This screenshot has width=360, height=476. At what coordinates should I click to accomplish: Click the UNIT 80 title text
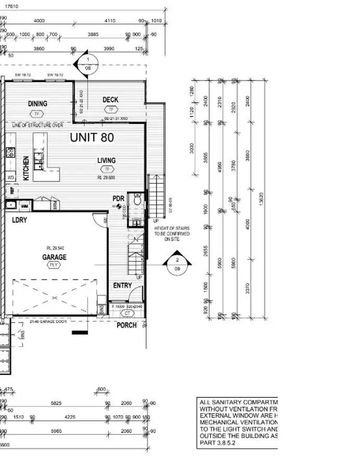(x=92, y=138)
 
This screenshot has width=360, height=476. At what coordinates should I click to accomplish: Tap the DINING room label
(x=37, y=104)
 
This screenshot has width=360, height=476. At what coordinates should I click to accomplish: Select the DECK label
(x=110, y=100)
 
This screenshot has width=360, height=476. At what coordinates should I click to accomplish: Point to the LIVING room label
(x=107, y=161)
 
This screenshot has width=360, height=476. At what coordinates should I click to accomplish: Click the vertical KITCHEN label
(x=26, y=168)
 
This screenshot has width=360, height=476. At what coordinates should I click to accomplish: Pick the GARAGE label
(x=54, y=257)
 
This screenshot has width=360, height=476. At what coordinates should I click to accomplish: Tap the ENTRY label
(x=122, y=286)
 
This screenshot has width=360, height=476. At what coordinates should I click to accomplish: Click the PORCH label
(x=126, y=325)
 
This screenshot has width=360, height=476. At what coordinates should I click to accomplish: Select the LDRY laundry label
(x=19, y=220)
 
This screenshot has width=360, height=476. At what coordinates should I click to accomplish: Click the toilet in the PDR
(x=137, y=200)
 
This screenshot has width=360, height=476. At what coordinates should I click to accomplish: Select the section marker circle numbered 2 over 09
(x=177, y=264)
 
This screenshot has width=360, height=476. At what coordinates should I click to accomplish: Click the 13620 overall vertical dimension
(x=261, y=198)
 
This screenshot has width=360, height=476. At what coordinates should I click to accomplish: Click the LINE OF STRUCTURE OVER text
(x=37, y=125)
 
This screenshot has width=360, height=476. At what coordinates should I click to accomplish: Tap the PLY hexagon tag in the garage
(x=53, y=265)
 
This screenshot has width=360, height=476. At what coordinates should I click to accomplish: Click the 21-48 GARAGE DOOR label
(x=45, y=323)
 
